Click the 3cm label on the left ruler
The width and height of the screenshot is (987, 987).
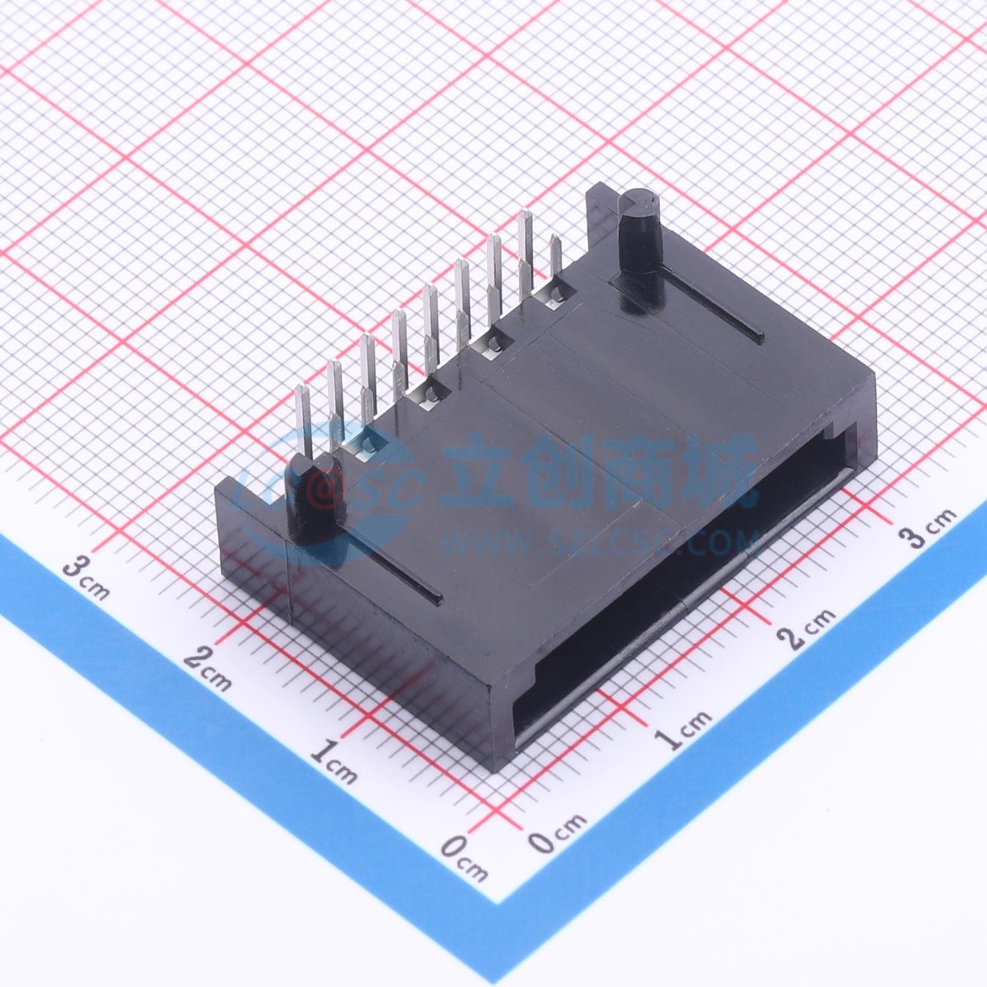86,578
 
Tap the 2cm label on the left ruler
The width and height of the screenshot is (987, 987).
208,668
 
